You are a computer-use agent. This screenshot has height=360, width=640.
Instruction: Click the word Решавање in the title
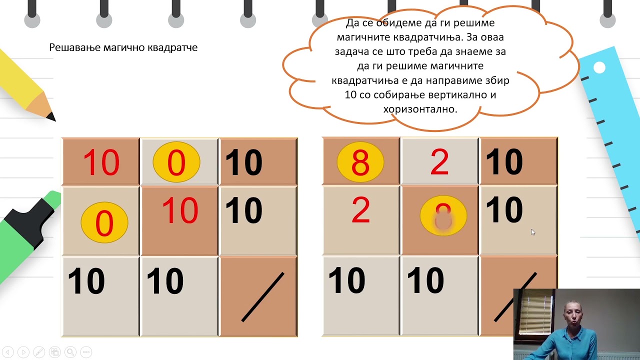coord(71,47)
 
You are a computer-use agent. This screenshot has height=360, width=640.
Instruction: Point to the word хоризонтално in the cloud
coord(420,108)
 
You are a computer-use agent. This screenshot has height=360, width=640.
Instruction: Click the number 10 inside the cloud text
coord(350,94)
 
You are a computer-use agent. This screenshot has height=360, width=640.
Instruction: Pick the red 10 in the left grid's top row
coord(101,162)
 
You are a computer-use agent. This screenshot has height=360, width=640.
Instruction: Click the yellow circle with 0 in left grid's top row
coord(176,162)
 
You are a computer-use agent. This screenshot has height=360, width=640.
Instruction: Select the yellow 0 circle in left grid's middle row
coord(104,222)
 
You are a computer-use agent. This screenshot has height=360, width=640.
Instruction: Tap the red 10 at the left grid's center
coord(180,210)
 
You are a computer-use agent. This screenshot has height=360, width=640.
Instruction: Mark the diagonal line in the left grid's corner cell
coord(262,297)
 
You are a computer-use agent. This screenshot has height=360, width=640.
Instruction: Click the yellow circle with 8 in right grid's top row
coord(360,162)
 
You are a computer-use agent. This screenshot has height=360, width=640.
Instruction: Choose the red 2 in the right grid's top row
coord(439,162)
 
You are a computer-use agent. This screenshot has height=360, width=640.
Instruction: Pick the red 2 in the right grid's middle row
coord(360,210)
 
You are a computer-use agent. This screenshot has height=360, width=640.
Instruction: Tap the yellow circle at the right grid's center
coord(443,215)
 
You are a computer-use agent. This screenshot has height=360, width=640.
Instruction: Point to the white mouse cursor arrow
coord(533,232)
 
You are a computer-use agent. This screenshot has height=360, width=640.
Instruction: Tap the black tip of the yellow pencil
coord(50,116)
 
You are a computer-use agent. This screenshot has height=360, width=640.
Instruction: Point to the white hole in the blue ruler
coord(599,67)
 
